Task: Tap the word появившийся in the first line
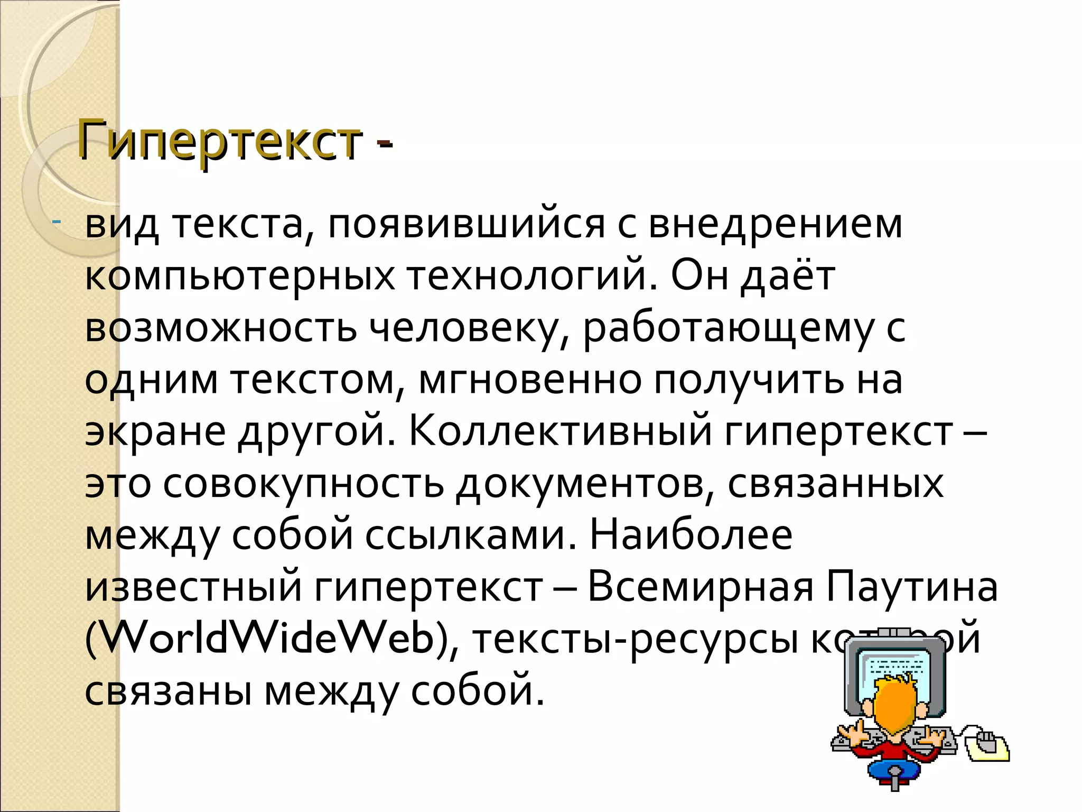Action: pos(465,224)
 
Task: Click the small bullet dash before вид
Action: pos(57,220)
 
